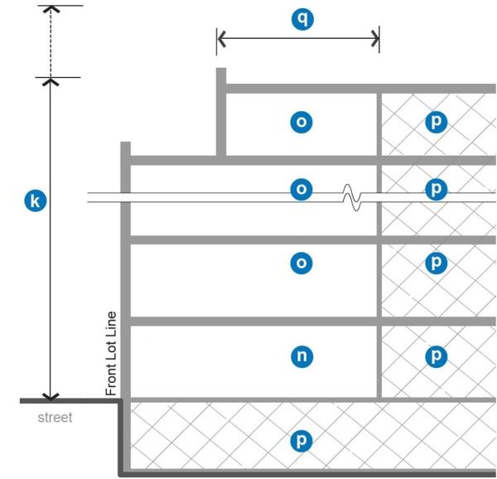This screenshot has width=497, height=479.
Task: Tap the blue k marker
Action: coord(34,201)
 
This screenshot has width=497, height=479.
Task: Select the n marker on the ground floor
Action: coord(302,356)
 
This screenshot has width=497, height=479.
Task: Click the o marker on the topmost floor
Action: coord(302,123)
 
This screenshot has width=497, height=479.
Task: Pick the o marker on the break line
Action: coord(302,190)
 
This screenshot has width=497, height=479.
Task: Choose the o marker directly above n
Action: coord(302,264)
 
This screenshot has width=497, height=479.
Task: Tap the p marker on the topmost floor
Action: coord(436,123)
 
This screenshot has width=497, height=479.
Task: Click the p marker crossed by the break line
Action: coord(436,190)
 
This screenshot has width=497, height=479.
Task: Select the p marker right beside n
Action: coord(436,356)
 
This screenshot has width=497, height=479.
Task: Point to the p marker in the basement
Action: coord(302,440)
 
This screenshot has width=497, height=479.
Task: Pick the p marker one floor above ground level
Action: coord(436,264)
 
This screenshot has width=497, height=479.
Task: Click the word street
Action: coord(55,417)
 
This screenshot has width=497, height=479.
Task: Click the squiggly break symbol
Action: coord(351,198)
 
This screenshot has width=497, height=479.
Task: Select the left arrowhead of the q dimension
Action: coord(221,38)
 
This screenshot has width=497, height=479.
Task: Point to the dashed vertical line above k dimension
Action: coord(51,43)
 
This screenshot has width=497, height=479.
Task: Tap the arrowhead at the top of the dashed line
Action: coord(51,10)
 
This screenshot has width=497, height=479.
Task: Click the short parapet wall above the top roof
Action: coord(221,112)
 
